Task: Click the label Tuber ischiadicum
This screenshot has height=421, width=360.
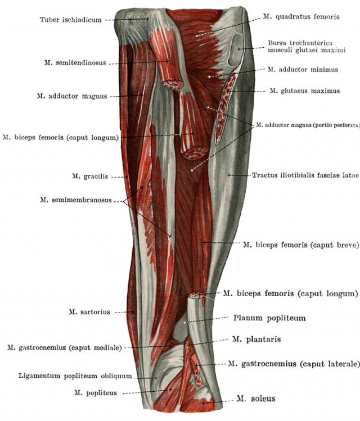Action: click(x=71, y=20)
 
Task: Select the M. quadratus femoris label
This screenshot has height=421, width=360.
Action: click(x=301, y=17)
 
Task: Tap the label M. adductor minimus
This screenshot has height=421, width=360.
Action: click(x=303, y=70)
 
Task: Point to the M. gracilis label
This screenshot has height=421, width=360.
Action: click(x=90, y=176)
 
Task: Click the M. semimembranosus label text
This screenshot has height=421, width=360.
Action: click(x=76, y=200)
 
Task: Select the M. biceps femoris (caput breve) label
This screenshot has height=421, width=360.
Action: click(x=301, y=245)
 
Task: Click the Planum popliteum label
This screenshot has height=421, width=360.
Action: click(x=269, y=318)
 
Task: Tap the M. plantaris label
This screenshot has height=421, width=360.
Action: click(x=256, y=339)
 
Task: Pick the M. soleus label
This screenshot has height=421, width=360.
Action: click(x=256, y=399)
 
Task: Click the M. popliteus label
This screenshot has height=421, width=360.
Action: click(x=96, y=393)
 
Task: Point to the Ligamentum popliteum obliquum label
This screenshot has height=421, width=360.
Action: click(x=75, y=376)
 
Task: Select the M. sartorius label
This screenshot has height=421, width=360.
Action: click(x=89, y=312)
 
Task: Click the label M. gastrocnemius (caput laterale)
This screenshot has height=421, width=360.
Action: click(x=294, y=364)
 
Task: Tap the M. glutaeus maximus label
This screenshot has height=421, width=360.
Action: click(x=305, y=91)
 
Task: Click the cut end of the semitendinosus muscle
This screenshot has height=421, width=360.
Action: click(x=172, y=85)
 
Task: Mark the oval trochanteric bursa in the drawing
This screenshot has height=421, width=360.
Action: click(x=236, y=50)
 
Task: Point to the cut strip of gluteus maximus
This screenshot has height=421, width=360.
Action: click(x=225, y=107)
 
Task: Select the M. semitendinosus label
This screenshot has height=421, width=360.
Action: click(x=75, y=63)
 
